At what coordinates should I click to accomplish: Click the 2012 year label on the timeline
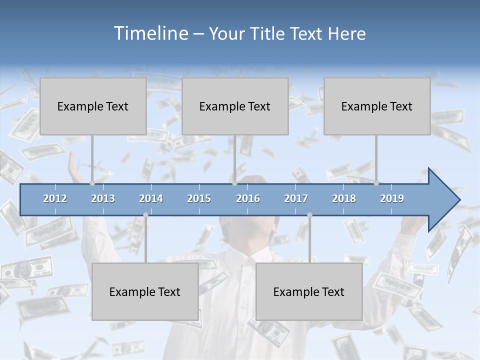tap(55, 198)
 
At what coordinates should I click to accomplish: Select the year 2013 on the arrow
tap(103, 198)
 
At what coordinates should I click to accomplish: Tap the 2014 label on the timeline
tap(151, 198)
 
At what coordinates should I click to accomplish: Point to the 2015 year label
tap(199, 198)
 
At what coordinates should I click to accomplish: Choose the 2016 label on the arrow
tap(248, 198)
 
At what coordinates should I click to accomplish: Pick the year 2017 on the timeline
tap(296, 198)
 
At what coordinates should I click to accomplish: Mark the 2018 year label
tap(344, 198)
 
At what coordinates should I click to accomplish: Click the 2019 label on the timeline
tap(392, 198)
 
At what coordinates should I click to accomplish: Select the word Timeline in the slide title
tap(150, 33)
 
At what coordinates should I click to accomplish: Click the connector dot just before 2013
tap(92, 183)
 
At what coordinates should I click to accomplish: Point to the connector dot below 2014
tap(145, 215)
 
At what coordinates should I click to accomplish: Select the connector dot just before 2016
tap(234, 183)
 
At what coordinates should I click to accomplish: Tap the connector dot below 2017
tap(309, 215)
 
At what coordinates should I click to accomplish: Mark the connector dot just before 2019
tap(376, 183)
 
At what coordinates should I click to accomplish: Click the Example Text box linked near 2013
tap(93, 106)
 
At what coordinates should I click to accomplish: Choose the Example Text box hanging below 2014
tap(145, 291)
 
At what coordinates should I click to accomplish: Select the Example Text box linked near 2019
tap(377, 106)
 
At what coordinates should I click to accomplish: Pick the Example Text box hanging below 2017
tap(309, 291)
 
